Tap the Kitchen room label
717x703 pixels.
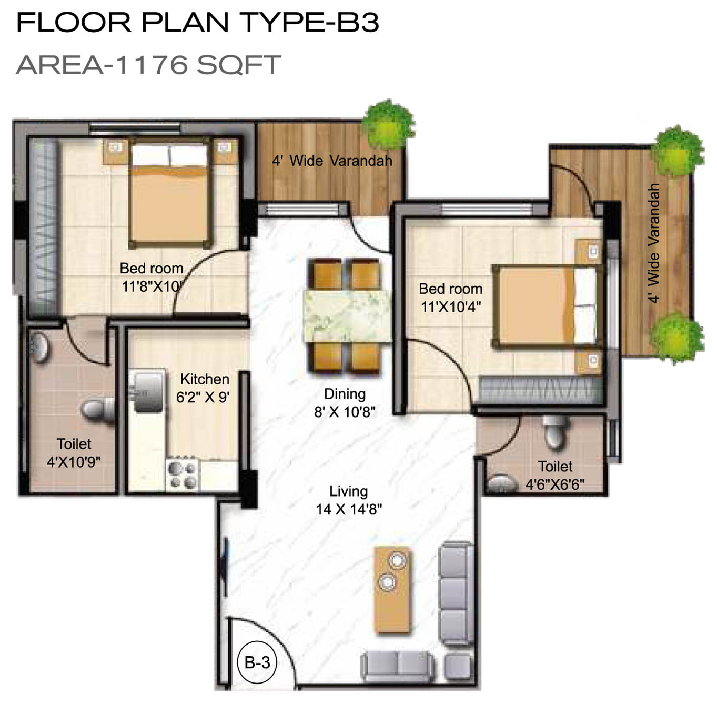tap(205, 379)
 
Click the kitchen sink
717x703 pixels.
tap(148, 391)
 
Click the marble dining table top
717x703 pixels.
tap(347, 316)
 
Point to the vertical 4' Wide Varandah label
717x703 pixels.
tap(654, 243)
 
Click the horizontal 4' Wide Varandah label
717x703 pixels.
tap(332, 161)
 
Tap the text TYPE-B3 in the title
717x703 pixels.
tap(310, 22)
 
